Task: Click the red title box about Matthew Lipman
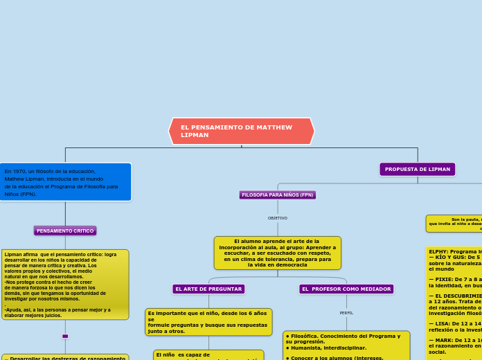click(241, 131)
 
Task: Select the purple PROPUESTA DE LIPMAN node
click(418, 169)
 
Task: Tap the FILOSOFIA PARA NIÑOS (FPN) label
click(278, 195)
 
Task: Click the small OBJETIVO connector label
click(278, 218)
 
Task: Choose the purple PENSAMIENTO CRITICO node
click(65, 231)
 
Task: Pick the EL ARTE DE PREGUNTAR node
click(208, 289)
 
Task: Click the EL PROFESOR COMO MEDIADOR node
click(347, 289)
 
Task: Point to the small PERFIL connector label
click(346, 313)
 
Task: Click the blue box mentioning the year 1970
click(64, 182)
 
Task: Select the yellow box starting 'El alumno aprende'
click(277, 253)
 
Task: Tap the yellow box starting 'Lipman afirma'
click(64, 284)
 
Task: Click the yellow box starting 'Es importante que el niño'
click(208, 322)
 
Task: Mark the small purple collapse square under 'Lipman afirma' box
click(65, 336)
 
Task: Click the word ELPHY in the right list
click(439, 251)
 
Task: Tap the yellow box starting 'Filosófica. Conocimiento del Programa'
click(346, 345)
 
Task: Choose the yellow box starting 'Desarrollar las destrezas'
click(64, 357)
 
